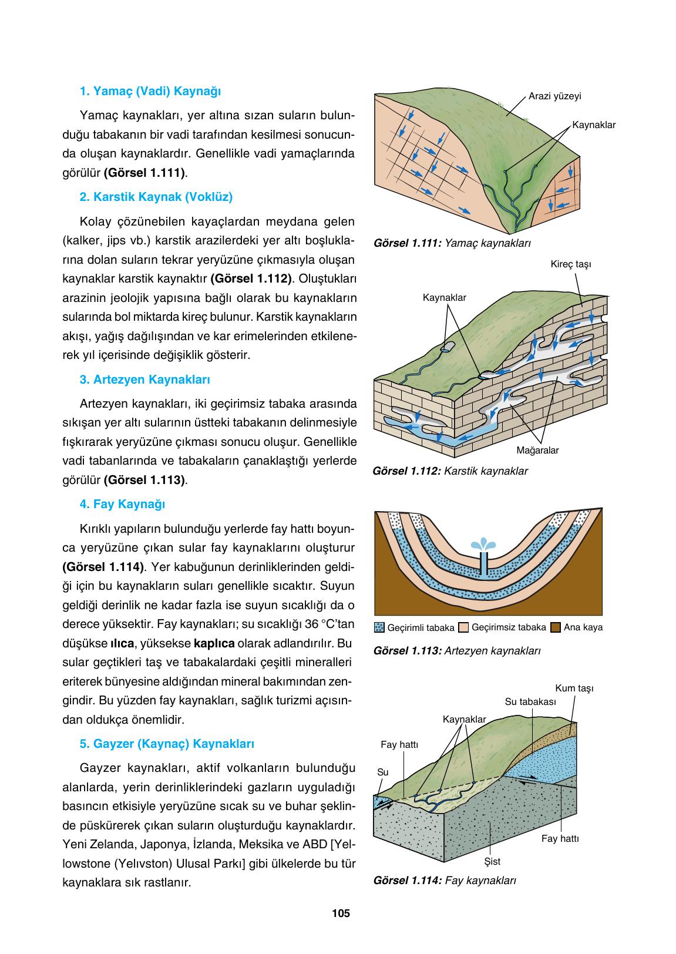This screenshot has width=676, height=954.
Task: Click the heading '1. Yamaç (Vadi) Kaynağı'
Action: coord(150,92)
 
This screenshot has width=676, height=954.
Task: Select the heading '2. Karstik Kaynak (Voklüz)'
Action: coord(156,197)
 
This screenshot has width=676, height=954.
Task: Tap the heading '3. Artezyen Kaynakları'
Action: coord(144,379)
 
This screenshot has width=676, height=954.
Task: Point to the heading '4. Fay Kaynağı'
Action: coord(122,504)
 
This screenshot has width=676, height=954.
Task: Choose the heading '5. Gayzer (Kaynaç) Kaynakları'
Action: coord(166,744)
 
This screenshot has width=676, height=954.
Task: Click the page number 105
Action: coord(341,913)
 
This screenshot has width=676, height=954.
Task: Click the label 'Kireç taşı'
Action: coord(570,264)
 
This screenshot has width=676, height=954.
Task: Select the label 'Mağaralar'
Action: coord(537,451)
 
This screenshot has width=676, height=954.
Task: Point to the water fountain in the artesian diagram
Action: coord(485,544)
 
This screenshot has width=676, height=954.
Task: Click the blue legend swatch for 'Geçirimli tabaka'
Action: coord(379,627)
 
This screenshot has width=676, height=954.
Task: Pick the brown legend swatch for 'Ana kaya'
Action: coord(556,627)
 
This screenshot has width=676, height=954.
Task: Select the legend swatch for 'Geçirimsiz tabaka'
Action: coord(463,627)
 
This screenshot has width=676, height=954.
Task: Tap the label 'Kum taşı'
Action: coord(574,688)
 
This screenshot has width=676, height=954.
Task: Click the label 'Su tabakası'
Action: coord(530,701)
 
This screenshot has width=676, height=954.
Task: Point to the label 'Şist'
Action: coord(492,861)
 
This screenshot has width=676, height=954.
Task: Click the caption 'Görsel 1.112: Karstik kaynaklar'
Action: coord(450,471)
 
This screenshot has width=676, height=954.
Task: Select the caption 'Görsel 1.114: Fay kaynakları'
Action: coord(444,880)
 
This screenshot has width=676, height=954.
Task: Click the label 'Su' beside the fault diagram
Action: coord(382,772)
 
